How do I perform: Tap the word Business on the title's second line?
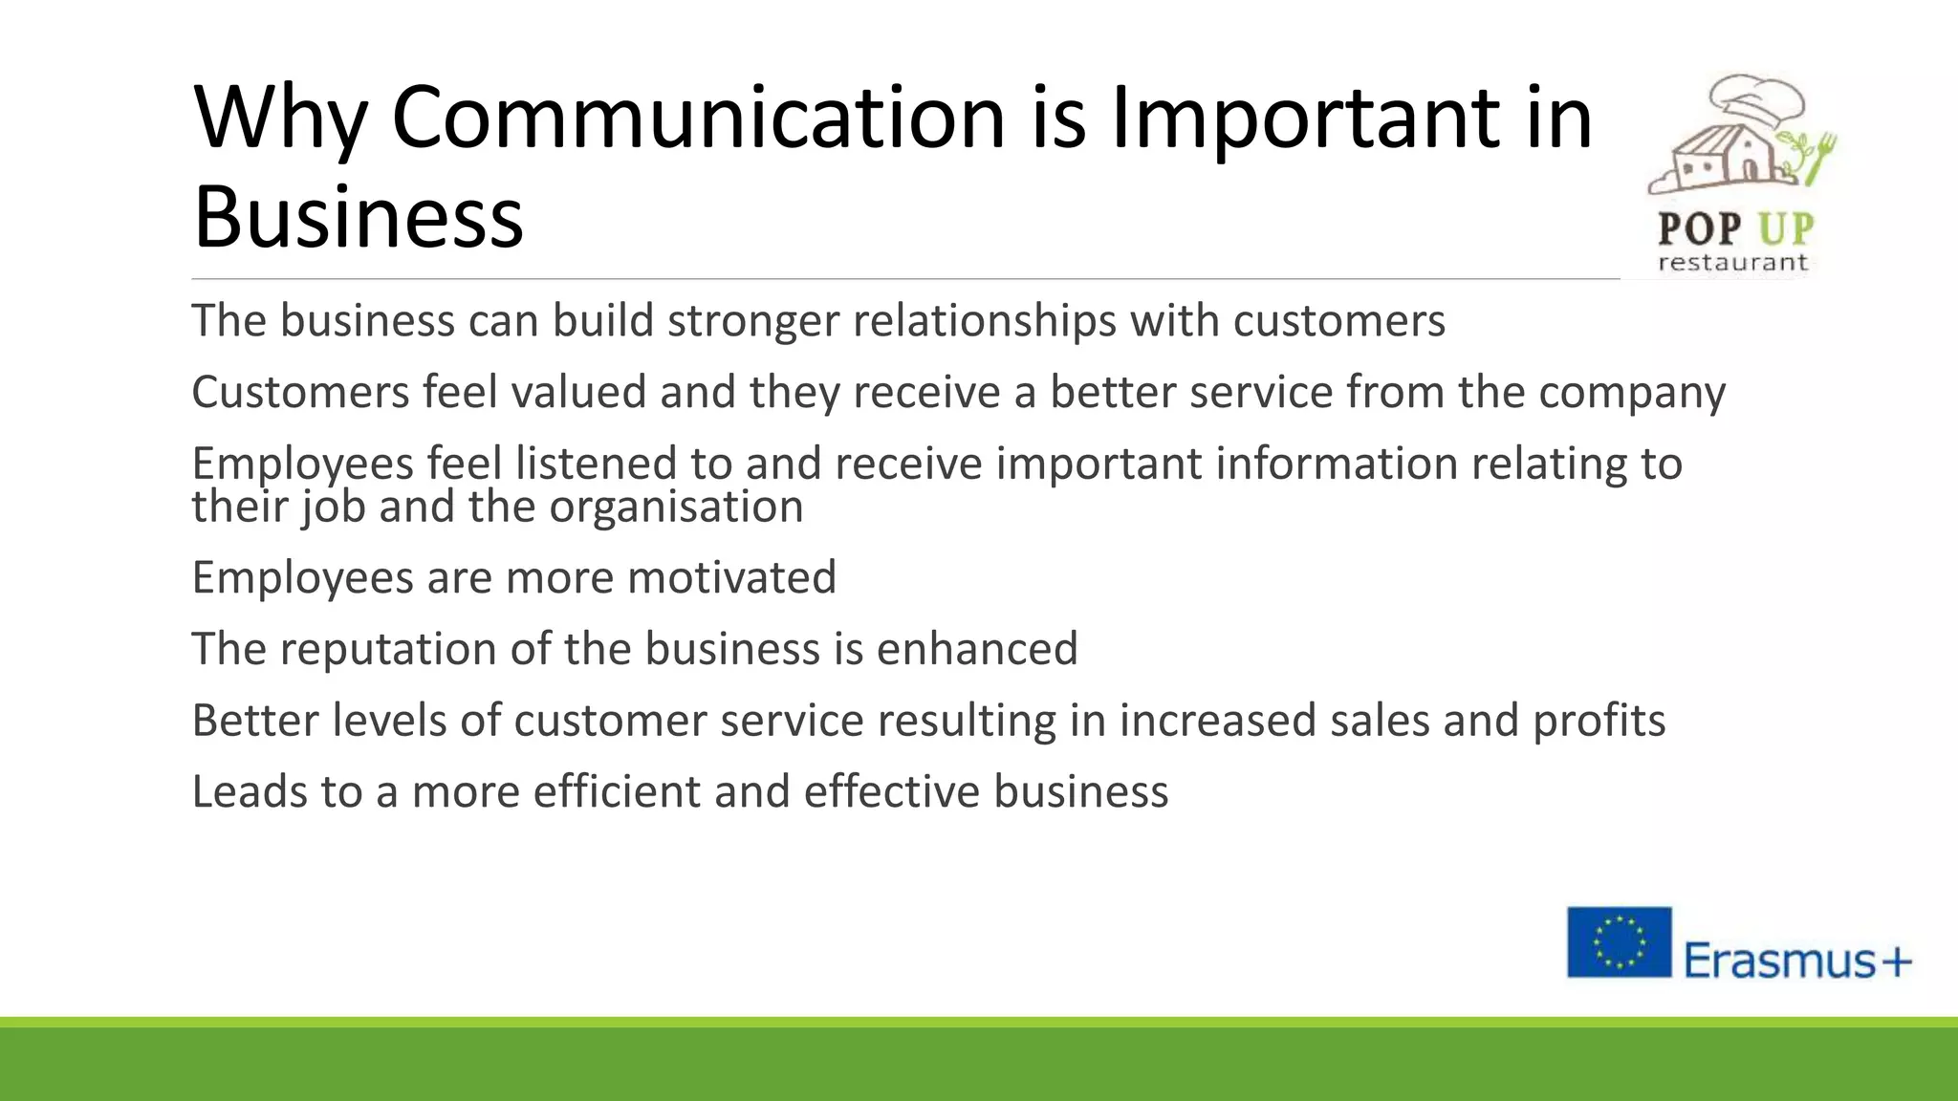click(359, 217)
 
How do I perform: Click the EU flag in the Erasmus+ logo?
click(1619, 941)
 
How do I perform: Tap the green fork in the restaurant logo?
click(1820, 159)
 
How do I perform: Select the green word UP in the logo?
click(1786, 229)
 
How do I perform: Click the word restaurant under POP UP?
click(1732, 263)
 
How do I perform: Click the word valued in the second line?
click(579, 392)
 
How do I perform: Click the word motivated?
click(731, 577)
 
